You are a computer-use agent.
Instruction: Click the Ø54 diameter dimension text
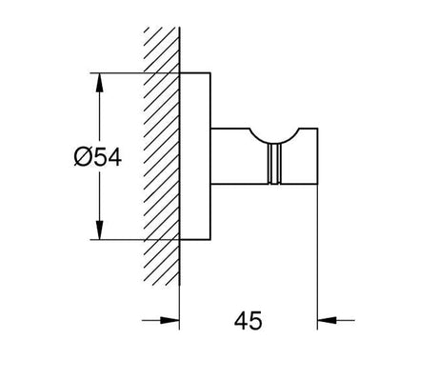pyautogui.click(x=98, y=157)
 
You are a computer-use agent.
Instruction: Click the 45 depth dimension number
pyautogui.click(x=249, y=321)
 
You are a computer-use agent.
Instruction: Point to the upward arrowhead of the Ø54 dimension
pyautogui.click(x=100, y=83)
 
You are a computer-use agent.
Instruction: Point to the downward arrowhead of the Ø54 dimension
pyautogui.click(x=100, y=230)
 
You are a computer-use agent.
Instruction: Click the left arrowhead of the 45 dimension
pyautogui.click(x=169, y=320)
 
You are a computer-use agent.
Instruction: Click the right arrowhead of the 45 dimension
pyautogui.click(x=327, y=320)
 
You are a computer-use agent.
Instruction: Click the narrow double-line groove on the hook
pyautogui.click(x=275, y=164)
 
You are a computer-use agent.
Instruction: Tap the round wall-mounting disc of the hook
pyautogui.click(x=195, y=156)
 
